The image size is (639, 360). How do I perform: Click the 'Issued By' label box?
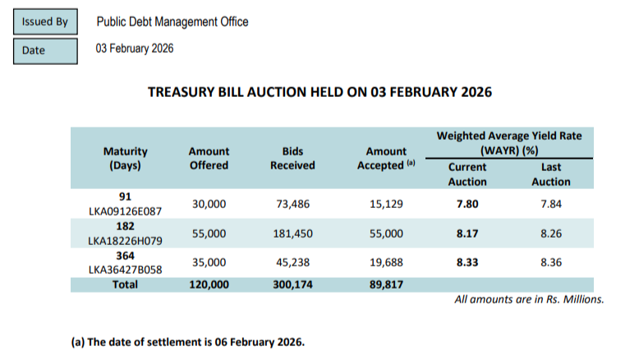point(45,22)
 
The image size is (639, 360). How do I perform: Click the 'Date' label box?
point(45,51)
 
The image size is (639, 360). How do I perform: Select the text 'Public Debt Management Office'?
point(172,22)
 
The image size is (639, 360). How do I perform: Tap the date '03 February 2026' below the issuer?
point(135,49)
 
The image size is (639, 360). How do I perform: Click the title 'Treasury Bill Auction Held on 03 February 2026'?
point(319,92)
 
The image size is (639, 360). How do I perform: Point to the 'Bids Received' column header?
point(292,159)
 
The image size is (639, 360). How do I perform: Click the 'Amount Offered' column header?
point(209,159)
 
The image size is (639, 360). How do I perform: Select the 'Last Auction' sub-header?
point(550,174)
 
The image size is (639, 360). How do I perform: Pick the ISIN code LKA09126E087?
point(126,211)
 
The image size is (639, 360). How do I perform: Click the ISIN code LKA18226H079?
point(126,241)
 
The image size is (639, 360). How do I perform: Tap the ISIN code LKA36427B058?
point(126,270)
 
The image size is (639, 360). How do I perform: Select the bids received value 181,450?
point(292,233)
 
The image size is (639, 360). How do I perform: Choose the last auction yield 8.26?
point(550,233)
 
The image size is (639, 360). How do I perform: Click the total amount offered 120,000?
point(209,284)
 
